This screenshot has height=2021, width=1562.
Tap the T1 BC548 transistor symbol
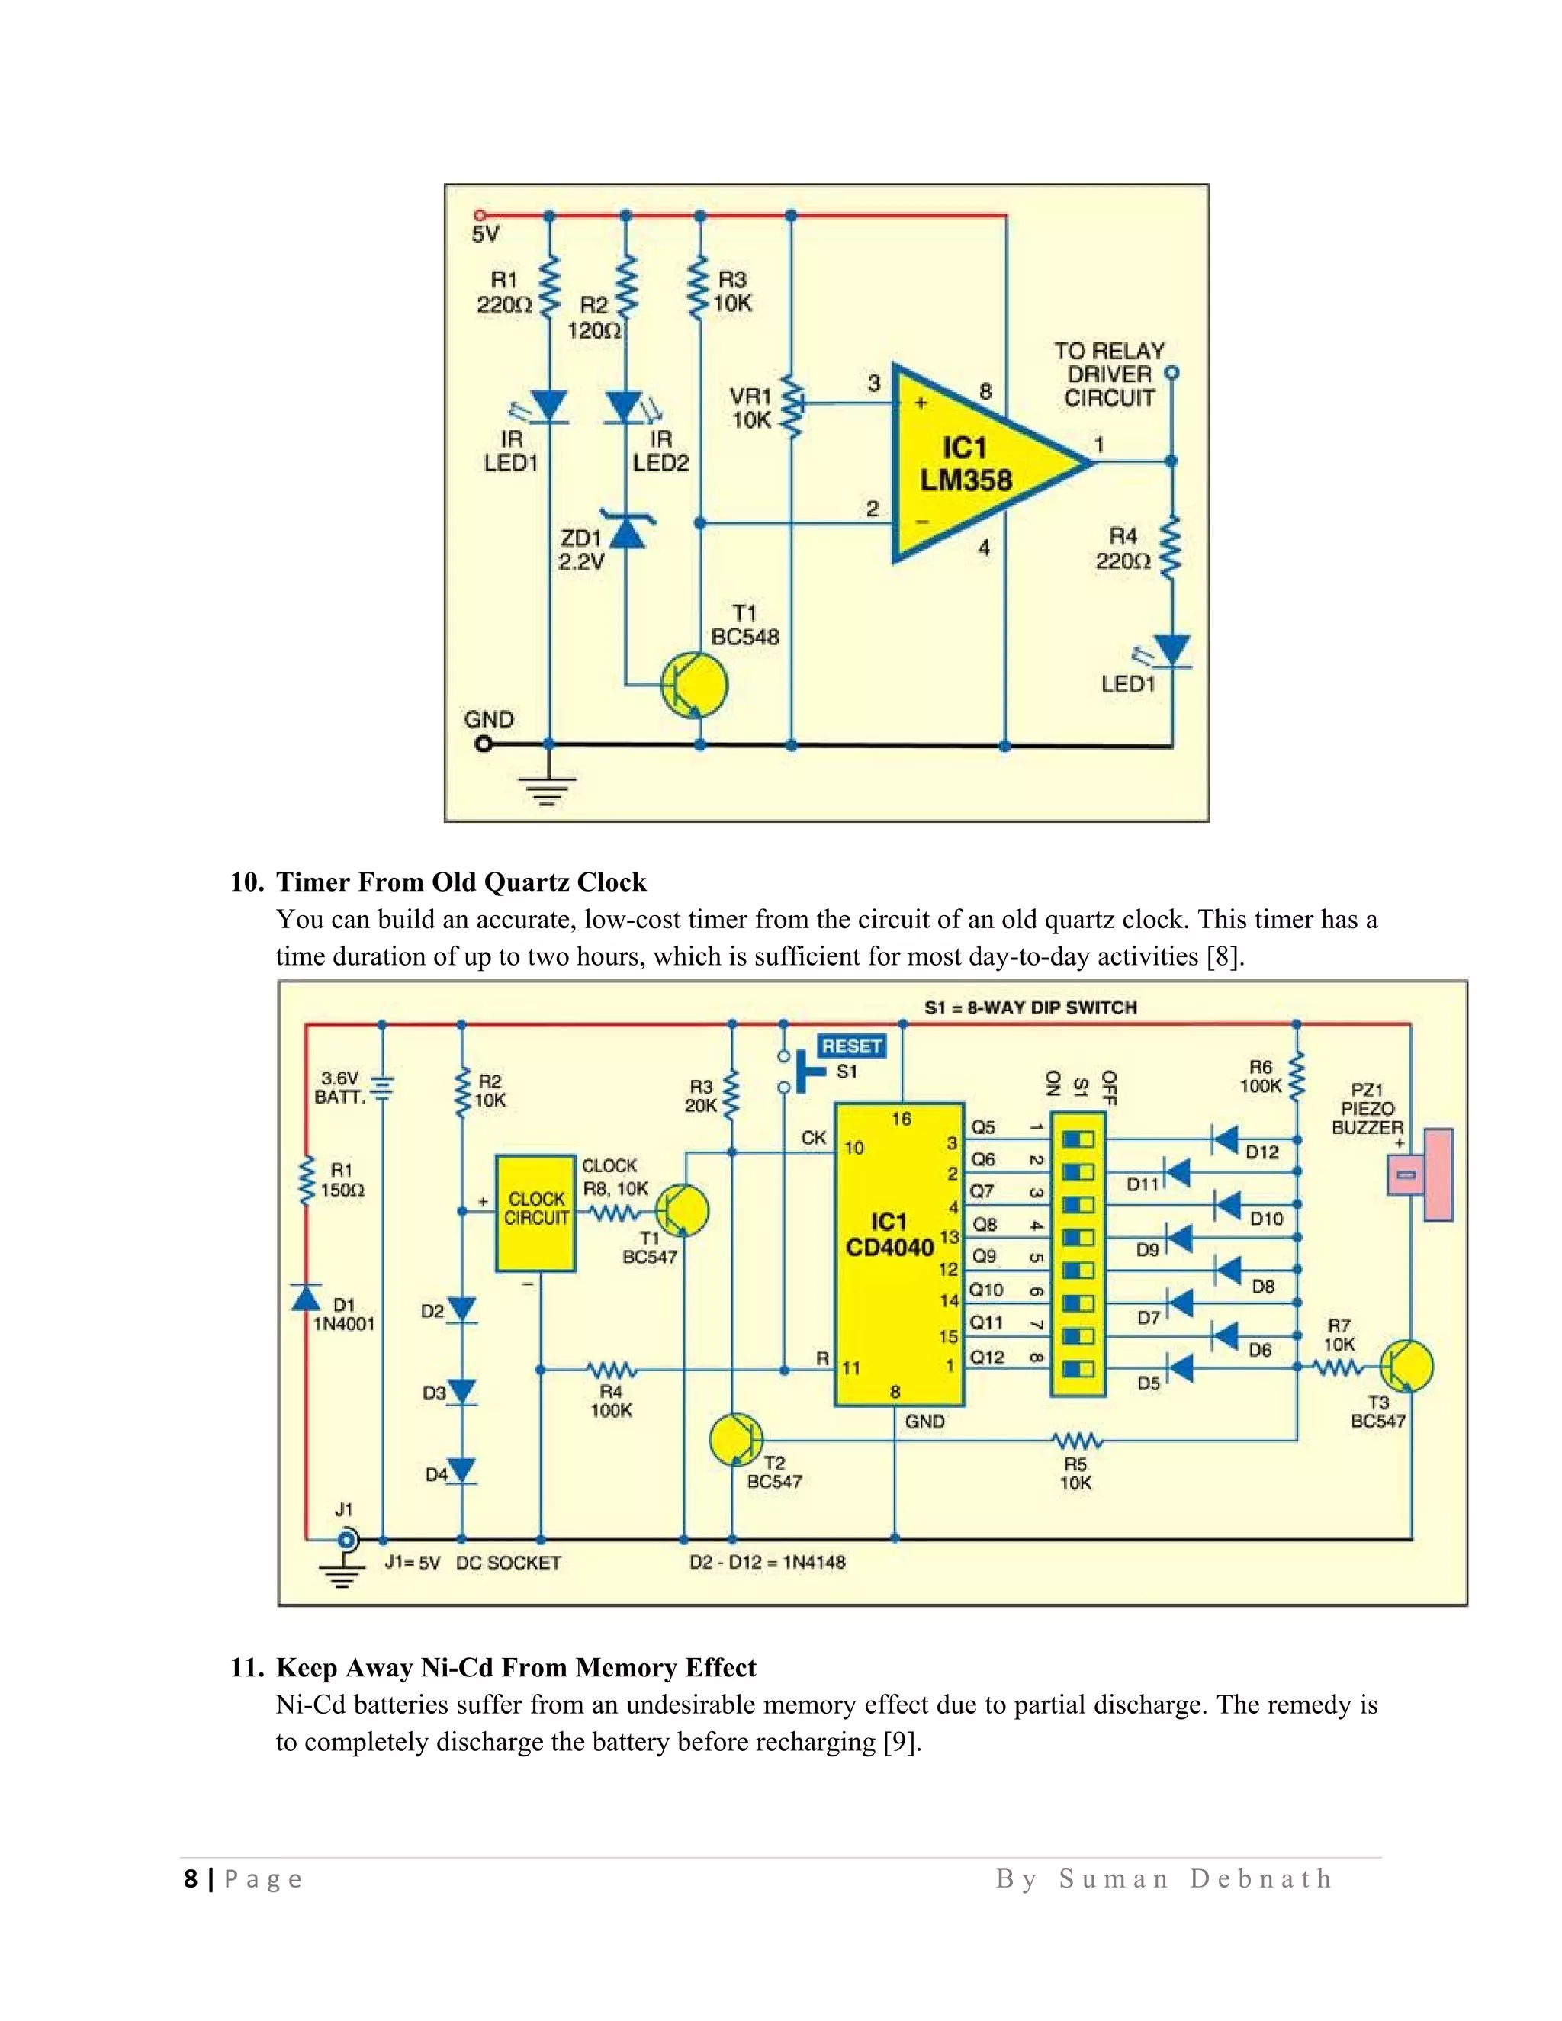(x=695, y=685)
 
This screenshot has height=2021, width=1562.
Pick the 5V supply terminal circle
(x=479, y=216)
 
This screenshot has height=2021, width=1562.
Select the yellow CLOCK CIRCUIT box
(x=535, y=1213)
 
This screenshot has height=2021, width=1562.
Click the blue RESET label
(x=851, y=1046)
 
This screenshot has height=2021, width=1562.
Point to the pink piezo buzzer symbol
(x=1425, y=1174)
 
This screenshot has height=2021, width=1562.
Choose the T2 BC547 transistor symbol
(x=736, y=1440)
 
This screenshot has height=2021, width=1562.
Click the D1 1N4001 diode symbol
(x=307, y=1297)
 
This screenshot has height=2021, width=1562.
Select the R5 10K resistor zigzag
(x=1076, y=1441)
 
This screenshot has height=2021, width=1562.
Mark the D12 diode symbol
(x=1226, y=1140)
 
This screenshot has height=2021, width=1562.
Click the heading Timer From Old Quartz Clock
(x=461, y=882)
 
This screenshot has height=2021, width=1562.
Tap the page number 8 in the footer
(x=191, y=1879)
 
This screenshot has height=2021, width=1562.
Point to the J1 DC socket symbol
(x=346, y=1541)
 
